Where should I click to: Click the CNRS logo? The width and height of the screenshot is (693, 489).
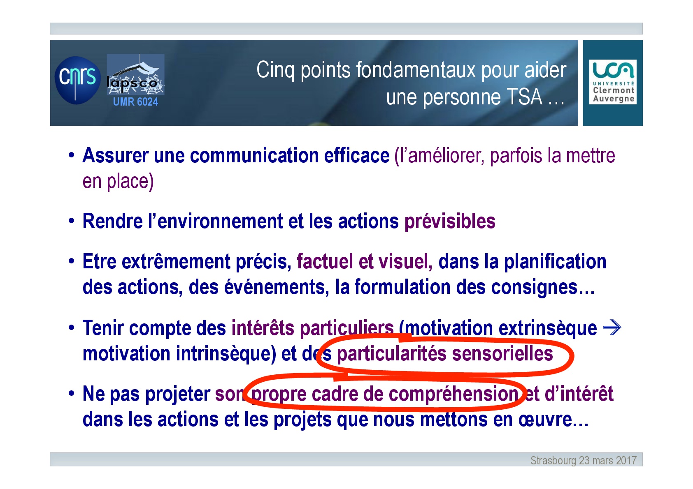[78, 80]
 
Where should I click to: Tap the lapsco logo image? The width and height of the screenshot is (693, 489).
[135, 74]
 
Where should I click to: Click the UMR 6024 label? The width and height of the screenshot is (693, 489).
[135, 101]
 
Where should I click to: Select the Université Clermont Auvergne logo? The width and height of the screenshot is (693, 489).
[613, 82]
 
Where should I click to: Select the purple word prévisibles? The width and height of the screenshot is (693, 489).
[450, 222]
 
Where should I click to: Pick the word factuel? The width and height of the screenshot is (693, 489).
[325, 261]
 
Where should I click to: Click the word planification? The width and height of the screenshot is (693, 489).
[555, 262]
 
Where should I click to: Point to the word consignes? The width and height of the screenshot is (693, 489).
[534, 288]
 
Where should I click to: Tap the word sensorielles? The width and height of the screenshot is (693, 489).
[502, 353]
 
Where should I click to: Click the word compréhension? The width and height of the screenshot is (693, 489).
[453, 394]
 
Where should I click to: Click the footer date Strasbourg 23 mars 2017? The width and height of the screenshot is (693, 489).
[584, 461]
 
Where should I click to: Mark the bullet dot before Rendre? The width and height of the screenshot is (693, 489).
[72, 221]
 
